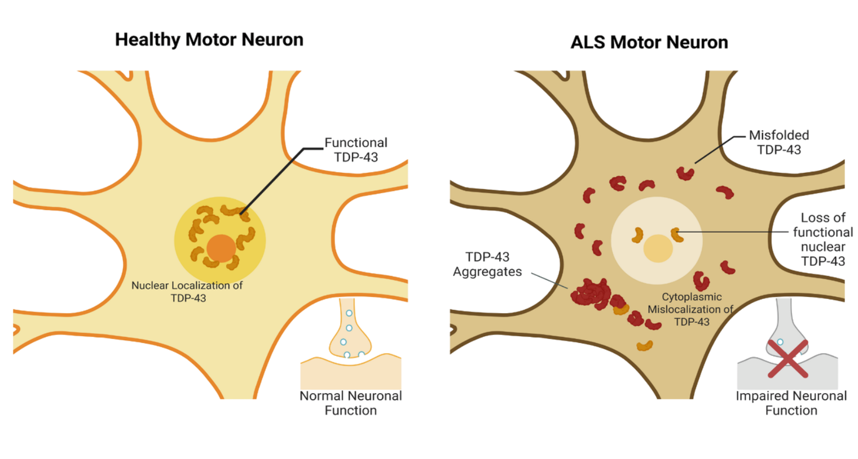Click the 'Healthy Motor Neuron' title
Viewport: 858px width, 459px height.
pyautogui.click(x=209, y=39)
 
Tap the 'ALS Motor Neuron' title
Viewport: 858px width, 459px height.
pyautogui.click(x=649, y=42)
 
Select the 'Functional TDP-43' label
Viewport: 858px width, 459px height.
pyautogui.click(x=356, y=150)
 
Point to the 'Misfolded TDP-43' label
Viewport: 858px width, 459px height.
pyautogui.click(x=778, y=142)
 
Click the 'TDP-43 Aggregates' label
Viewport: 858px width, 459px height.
pyautogui.click(x=487, y=264)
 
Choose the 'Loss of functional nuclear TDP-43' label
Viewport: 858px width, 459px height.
pyautogui.click(x=822, y=239)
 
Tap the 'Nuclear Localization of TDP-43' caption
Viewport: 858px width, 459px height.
pyautogui.click(x=187, y=292)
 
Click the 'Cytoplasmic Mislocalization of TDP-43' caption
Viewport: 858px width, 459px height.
pyautogui.click(x=691, y=309)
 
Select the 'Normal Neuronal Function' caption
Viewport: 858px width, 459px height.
pyautogui.click(x=350, y=403)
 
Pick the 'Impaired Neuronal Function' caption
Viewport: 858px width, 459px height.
pyautogui.click(x=791, y=403)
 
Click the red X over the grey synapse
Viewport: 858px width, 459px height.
pyautogui.click(x=787, y=358)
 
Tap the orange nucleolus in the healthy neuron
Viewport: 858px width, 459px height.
pyautogui.click(x=221, y=248)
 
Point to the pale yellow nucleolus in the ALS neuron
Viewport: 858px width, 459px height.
pyautogui.click(x=658, y=249)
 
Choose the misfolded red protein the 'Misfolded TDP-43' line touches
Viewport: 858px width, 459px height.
pyautogui.click(x=685, y=173)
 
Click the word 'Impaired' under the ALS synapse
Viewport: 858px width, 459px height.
pyautogui.click(x=758, y=396)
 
